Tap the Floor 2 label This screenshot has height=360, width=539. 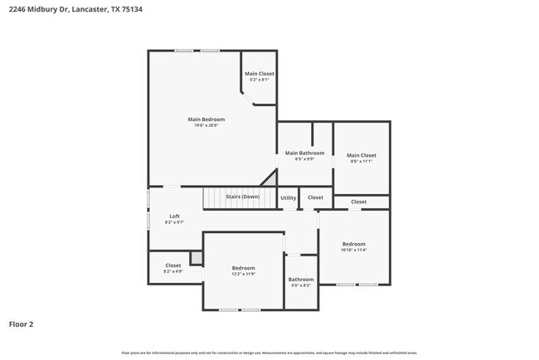coord(21,324)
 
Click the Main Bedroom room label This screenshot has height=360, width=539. coord(206,119)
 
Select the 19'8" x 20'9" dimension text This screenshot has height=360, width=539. coord(206,125)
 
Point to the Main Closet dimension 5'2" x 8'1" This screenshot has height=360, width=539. coord(260,80)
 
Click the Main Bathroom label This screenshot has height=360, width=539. coord(304,153)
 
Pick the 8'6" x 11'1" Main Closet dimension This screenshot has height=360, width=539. coord(361,161)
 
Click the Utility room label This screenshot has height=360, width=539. coord(288,197)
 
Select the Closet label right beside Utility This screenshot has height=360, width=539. coord(315,197)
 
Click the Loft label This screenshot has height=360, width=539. coord(174,216)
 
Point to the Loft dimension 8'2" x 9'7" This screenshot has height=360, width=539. coord(174,222)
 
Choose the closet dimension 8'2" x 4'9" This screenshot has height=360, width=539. coord(173,271)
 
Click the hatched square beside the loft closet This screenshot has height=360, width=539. coord(197,259)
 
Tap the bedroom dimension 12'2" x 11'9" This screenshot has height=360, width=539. coord(243,274)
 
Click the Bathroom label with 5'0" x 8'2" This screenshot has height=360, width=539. coord(301,280)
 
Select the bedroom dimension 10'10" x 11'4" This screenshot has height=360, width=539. coord(354,250)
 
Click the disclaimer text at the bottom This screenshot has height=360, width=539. coord(269,353)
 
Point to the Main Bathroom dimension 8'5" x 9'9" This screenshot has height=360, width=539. coord(304,159)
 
